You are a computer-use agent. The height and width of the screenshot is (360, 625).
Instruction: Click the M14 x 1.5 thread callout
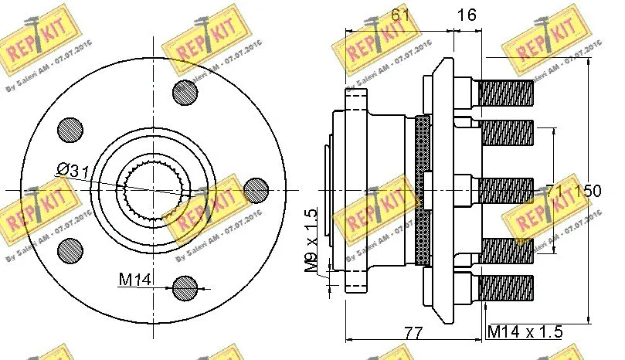click(525, 332)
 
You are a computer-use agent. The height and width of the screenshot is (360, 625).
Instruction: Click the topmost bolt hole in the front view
click(185, 92)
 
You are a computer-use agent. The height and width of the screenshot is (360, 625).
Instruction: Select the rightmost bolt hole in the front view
click(255, 189)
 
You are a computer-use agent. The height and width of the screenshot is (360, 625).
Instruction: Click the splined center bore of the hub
click(154, 189)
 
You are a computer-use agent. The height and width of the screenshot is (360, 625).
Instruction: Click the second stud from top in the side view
click(505, 131)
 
